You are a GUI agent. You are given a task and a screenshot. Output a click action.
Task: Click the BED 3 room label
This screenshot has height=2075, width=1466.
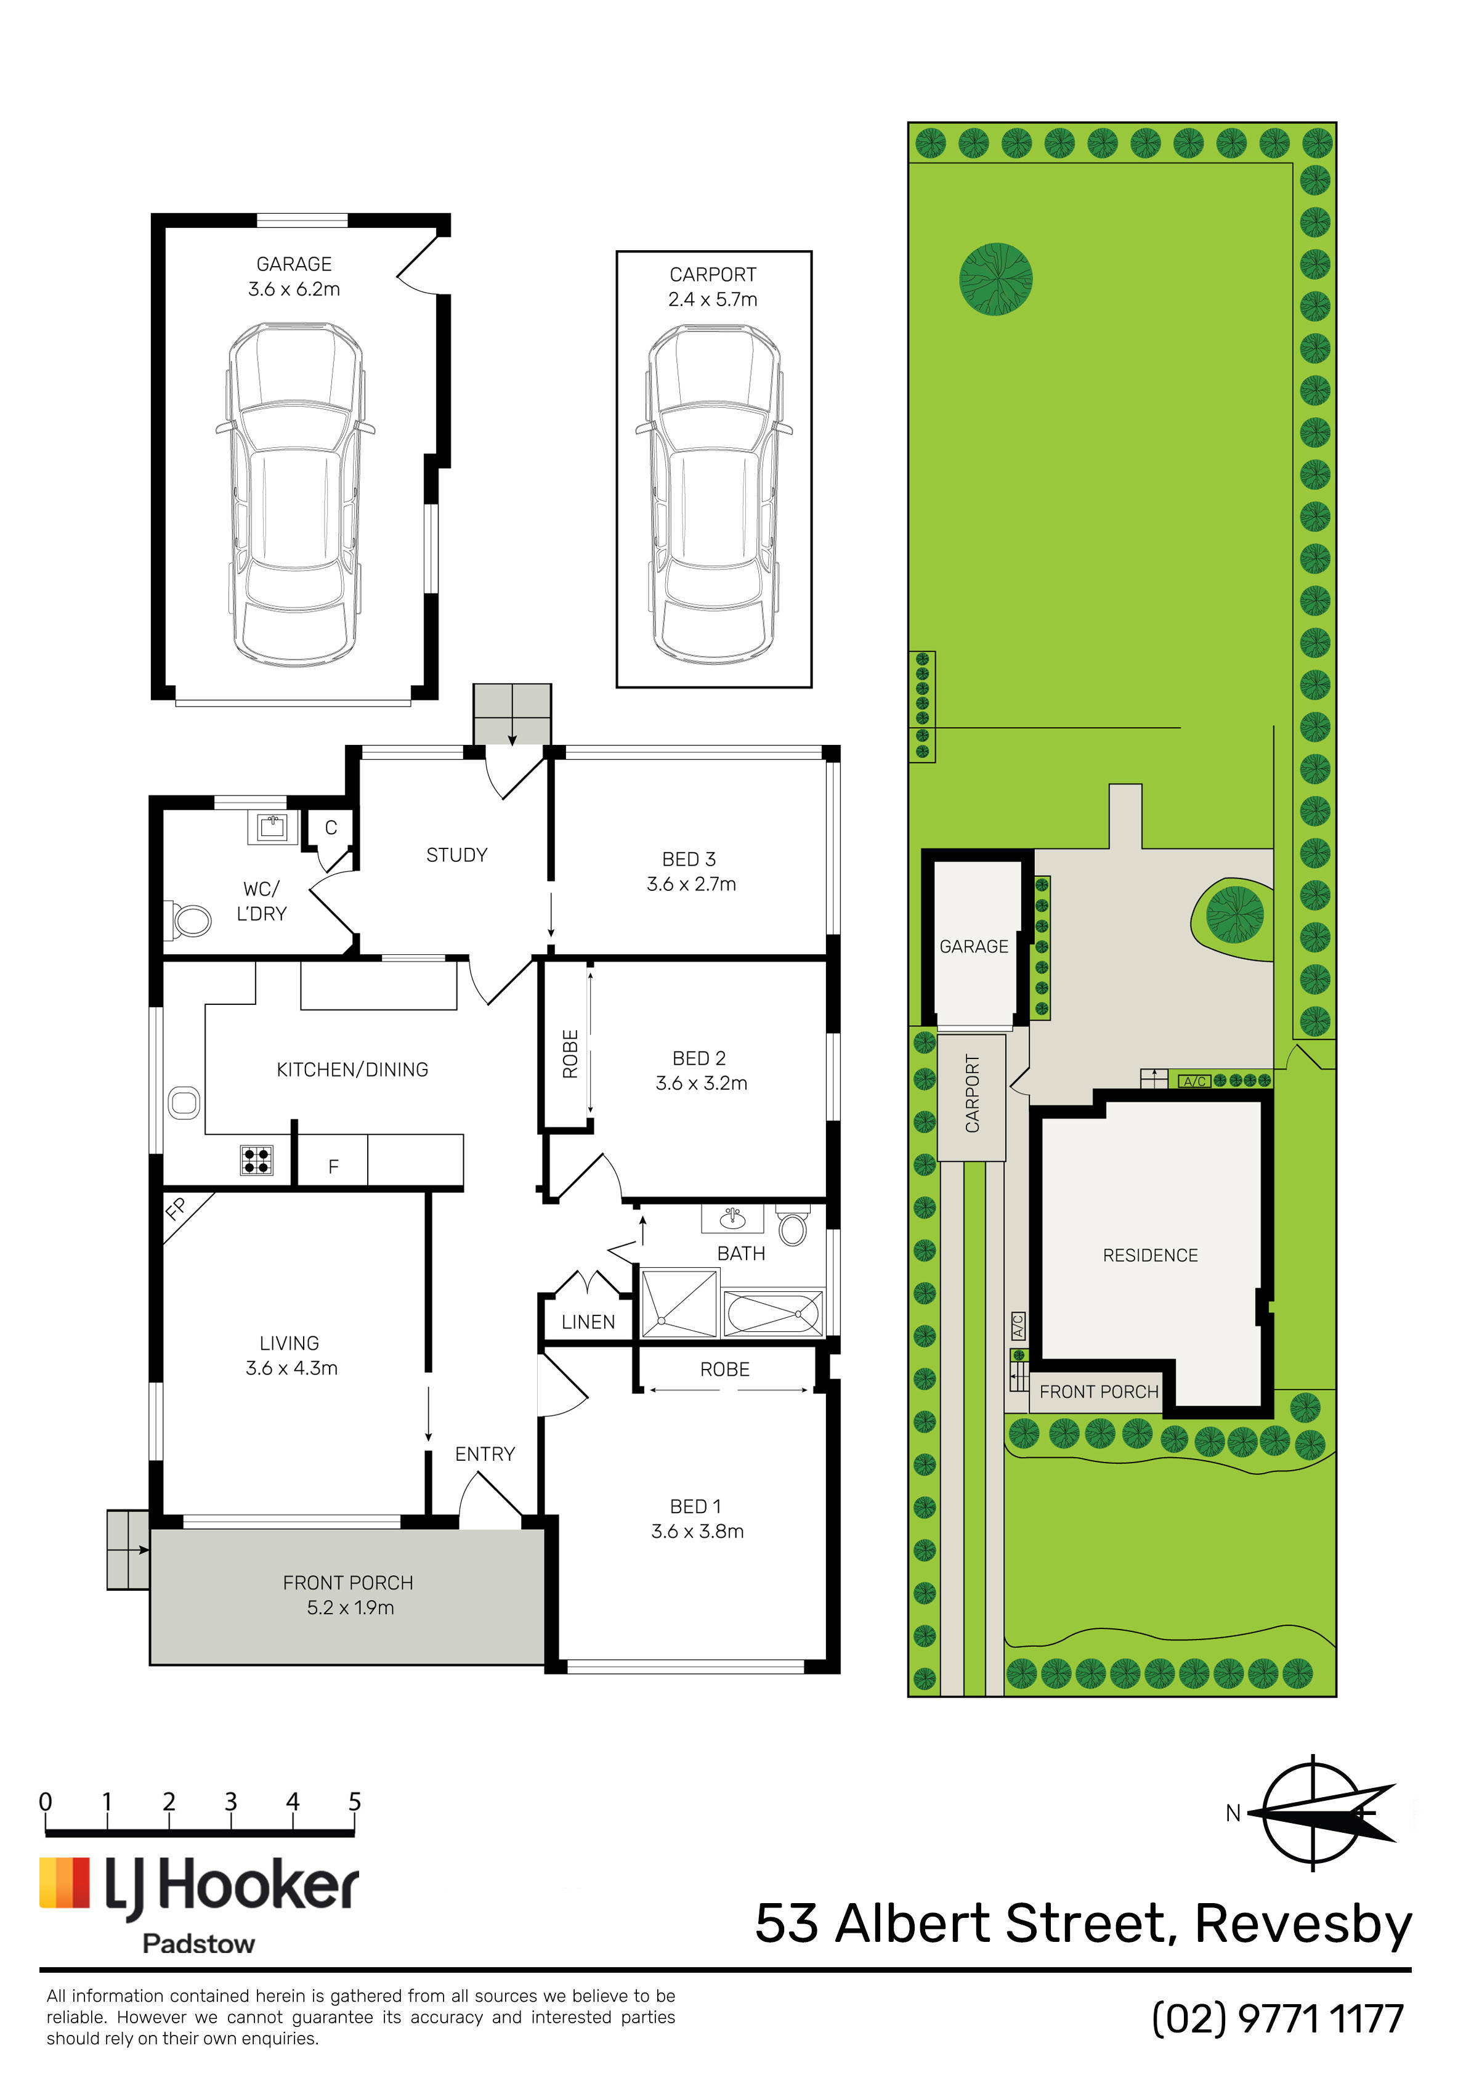coord(690,859)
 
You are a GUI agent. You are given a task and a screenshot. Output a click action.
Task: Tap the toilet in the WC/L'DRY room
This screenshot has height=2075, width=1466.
coord(187,920)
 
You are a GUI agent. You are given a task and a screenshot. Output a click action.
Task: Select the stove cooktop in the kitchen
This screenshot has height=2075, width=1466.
coord(257,1160)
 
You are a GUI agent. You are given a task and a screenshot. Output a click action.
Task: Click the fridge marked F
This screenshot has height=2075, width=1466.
coord(333,1160)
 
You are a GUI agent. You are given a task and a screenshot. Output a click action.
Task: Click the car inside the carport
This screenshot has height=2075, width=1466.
coord(714,493)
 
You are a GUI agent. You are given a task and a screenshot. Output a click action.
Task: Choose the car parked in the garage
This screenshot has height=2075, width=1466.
coord(294,493)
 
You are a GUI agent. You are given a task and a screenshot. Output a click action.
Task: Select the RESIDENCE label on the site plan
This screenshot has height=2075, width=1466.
coord(1149,1256)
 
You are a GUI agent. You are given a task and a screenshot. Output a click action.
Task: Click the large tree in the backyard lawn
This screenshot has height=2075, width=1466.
coord(996,278)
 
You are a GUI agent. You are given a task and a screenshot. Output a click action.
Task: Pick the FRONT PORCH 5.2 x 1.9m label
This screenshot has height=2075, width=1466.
coord(349,1595)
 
